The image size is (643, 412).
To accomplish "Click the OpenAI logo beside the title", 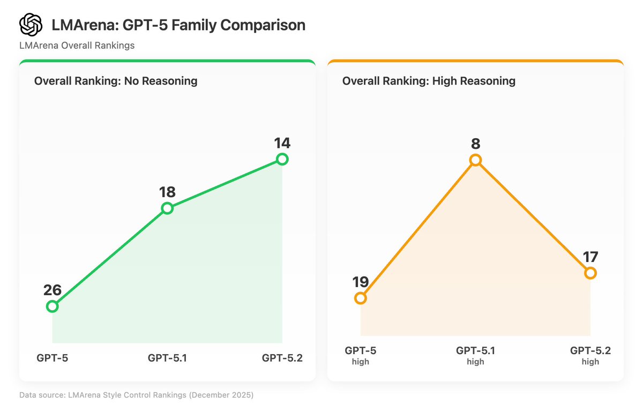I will pyautogui.click(x=31, y=25).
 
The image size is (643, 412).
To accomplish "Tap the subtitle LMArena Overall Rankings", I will pyautogui.click(x=77, y=46).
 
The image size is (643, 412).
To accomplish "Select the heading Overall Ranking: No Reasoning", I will pyautogui.click(x=116, y=81).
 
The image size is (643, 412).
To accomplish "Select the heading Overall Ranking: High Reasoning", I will pyautogui.click(x=429, y=81).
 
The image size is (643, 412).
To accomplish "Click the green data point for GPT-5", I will pyautogui.click(x=52, y=306).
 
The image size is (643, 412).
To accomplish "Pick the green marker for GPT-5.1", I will pyautogui.click(x=167, y=208).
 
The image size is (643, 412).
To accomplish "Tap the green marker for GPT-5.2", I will pyautogui.click(x=282, y=159).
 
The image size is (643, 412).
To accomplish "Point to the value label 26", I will pyautogui.click(x=52, y=290).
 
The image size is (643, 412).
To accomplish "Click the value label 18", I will pyautogui.click(x=167, y=192).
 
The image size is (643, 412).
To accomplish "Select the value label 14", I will pyautogui.click(x=282, y=143).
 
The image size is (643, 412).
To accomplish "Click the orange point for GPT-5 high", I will pyautogui.click(x=361, y=298).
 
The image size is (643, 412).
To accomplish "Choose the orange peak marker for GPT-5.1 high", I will pyautogui.click(x=475, y=160).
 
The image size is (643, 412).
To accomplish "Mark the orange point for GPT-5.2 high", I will pyautogui.click(x=590, y=273).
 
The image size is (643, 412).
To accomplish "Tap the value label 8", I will pyautogui.click(x=475, y=144).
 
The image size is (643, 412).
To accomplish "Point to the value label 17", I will pyautogui.click(x=590, y=257).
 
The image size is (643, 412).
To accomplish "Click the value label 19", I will pyautogui.click(x=361, y=282).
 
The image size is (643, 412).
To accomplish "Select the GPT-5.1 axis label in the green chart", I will pyautogui.click(x=167, y=358).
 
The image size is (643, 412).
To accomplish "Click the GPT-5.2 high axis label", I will pyautogui.click(x=590, y=356).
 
